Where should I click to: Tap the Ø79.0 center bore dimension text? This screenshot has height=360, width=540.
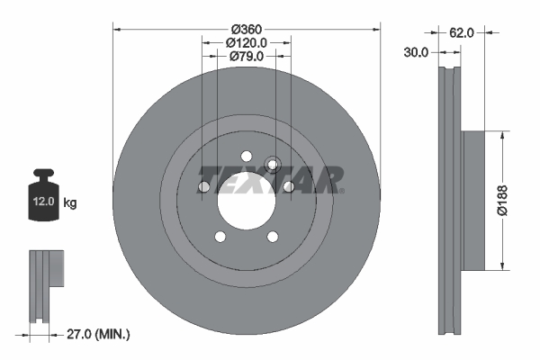click(247, 57)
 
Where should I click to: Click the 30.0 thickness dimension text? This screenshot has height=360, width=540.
click(416, 52)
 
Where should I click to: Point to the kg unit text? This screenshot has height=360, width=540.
click(70, 203)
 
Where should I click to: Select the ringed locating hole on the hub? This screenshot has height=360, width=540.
click(274, 165)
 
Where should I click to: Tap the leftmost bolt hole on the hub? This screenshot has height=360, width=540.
click(203, 186)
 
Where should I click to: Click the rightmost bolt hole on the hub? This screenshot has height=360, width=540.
click(289, 186)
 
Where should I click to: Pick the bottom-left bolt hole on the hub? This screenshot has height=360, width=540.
click(220, 238)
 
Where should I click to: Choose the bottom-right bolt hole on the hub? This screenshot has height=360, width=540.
click(273, 238)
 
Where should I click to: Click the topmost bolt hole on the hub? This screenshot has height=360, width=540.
click(247, 154)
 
